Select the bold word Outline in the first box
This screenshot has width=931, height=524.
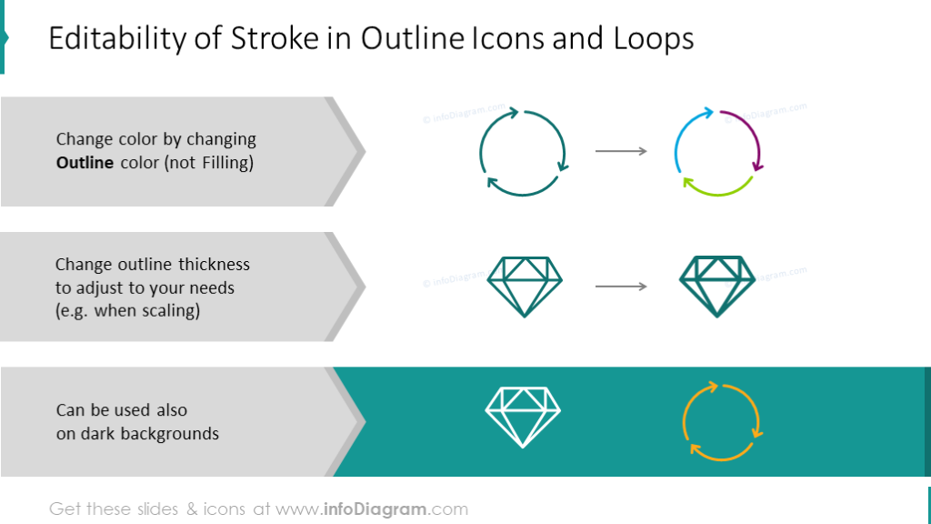pyautogui.click(x=85, y=164)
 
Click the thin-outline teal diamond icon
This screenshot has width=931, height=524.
pyautogui.click(x=524, y=286)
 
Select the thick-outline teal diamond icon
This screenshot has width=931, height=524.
pyautogui.click(x=717, y=286)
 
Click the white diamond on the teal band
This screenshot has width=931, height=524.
pyautogui.click(x=523, y=417)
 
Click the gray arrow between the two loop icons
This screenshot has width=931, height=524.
pyautogui.click(x=621, y=151)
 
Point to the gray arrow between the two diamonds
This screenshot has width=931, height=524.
pyautogui.click(x=621, y=287)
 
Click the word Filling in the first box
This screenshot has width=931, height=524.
pyautogui.click(x=219, y=164)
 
